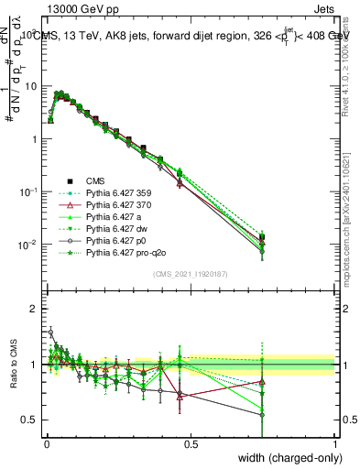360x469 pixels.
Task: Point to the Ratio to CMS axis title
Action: point(12,365)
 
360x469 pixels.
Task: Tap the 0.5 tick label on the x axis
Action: point(191,443)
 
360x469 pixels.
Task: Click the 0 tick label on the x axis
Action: point(47,443)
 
